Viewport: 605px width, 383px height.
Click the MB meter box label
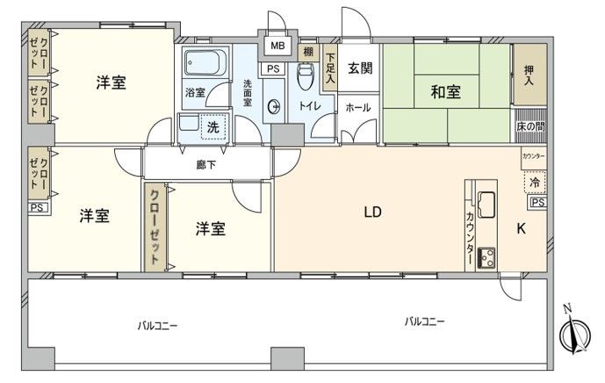click(277, 46)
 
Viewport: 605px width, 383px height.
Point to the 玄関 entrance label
click(359, 69)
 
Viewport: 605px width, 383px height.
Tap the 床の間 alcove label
click(530, 128)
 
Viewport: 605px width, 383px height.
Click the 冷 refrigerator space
click(535, 183)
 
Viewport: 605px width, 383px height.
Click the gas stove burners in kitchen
click(488, 257)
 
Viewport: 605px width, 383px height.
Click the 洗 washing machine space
click(213, 126)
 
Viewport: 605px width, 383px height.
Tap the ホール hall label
click(357, 108)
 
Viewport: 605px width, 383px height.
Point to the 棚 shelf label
click(308, 52)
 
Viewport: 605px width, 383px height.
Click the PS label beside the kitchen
click(537, 203)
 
